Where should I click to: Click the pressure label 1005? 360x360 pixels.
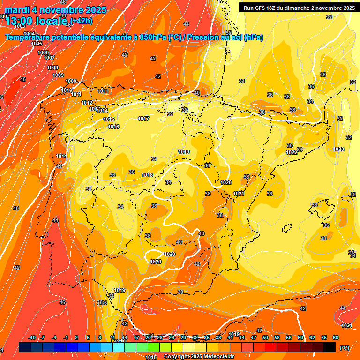(37, 44)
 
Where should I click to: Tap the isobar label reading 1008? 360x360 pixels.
(52, 67)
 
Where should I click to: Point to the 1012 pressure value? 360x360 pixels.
(87, 103)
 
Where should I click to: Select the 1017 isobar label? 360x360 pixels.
(143, 119)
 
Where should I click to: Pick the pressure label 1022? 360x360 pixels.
(292, 152)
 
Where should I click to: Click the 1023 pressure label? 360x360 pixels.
(338, 149)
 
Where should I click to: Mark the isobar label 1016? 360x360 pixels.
(113, 127)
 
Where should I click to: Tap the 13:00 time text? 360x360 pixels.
(21, 21)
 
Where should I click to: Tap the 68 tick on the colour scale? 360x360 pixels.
(336, 337)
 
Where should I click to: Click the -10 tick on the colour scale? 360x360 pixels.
(32, 337)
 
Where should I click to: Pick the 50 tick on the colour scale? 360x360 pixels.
(265, 337)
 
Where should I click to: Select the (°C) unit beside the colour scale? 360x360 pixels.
(344, 348)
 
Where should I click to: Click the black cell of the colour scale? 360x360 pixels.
(330, 347)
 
